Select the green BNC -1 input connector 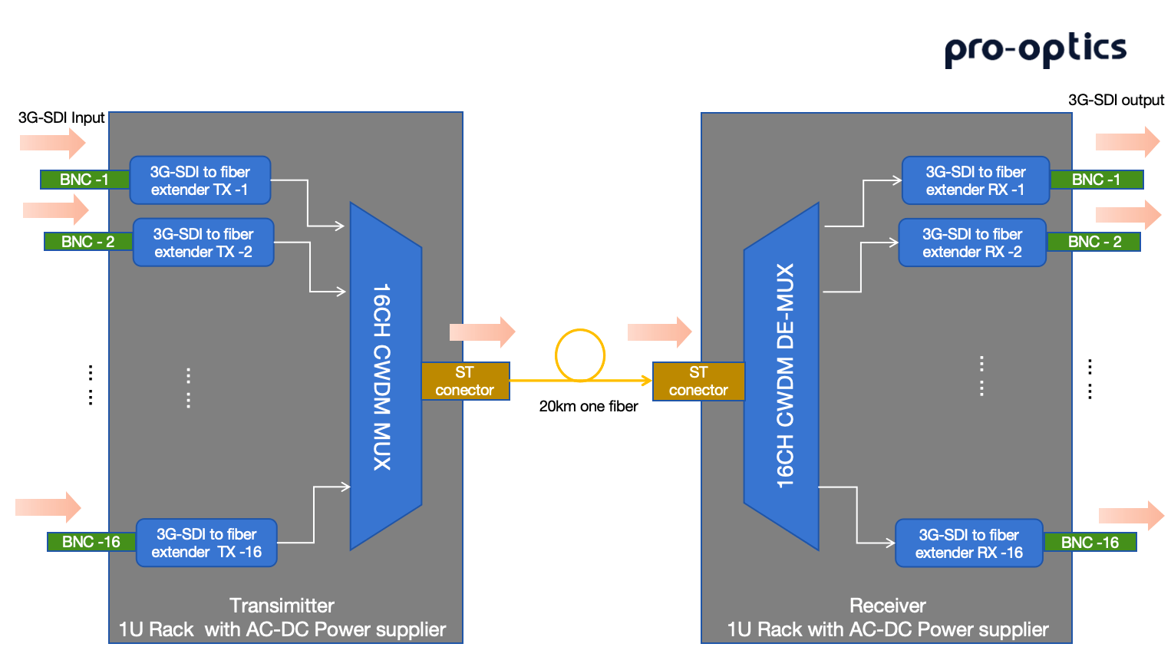coord(84,180)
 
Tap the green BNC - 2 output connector coord(1094,242)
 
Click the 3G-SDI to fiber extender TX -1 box coord(200,180)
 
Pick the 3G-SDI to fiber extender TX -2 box coord(203,243)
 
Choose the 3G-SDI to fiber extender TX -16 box coord(206,543)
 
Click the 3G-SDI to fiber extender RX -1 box coord(975,180)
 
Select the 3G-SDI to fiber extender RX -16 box coord(969,543)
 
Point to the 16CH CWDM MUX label coord(382,376)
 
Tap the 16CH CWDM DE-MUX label coord(785,376)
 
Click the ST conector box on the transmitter coord(465,381)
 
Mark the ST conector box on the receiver coord(698,381)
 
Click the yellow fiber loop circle coord(580,355)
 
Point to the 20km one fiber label coord(589,406)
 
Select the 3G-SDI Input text coord(61,117)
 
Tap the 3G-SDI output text coord(1116,100)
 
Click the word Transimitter coord(282,606)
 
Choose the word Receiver coord(887,606)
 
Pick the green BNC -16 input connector coord(91,542)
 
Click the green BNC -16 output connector coord(1090,543)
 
